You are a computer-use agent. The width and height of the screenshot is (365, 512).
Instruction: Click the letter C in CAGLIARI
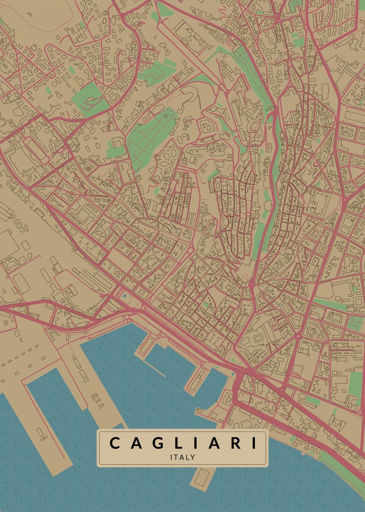tap(115, 443)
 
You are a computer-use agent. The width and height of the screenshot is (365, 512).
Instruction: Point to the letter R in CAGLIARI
tap(235, 443)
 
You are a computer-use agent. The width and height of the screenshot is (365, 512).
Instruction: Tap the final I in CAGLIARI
tap(254, 443)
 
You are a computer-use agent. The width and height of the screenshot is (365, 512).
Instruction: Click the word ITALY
tap(182, 457)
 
